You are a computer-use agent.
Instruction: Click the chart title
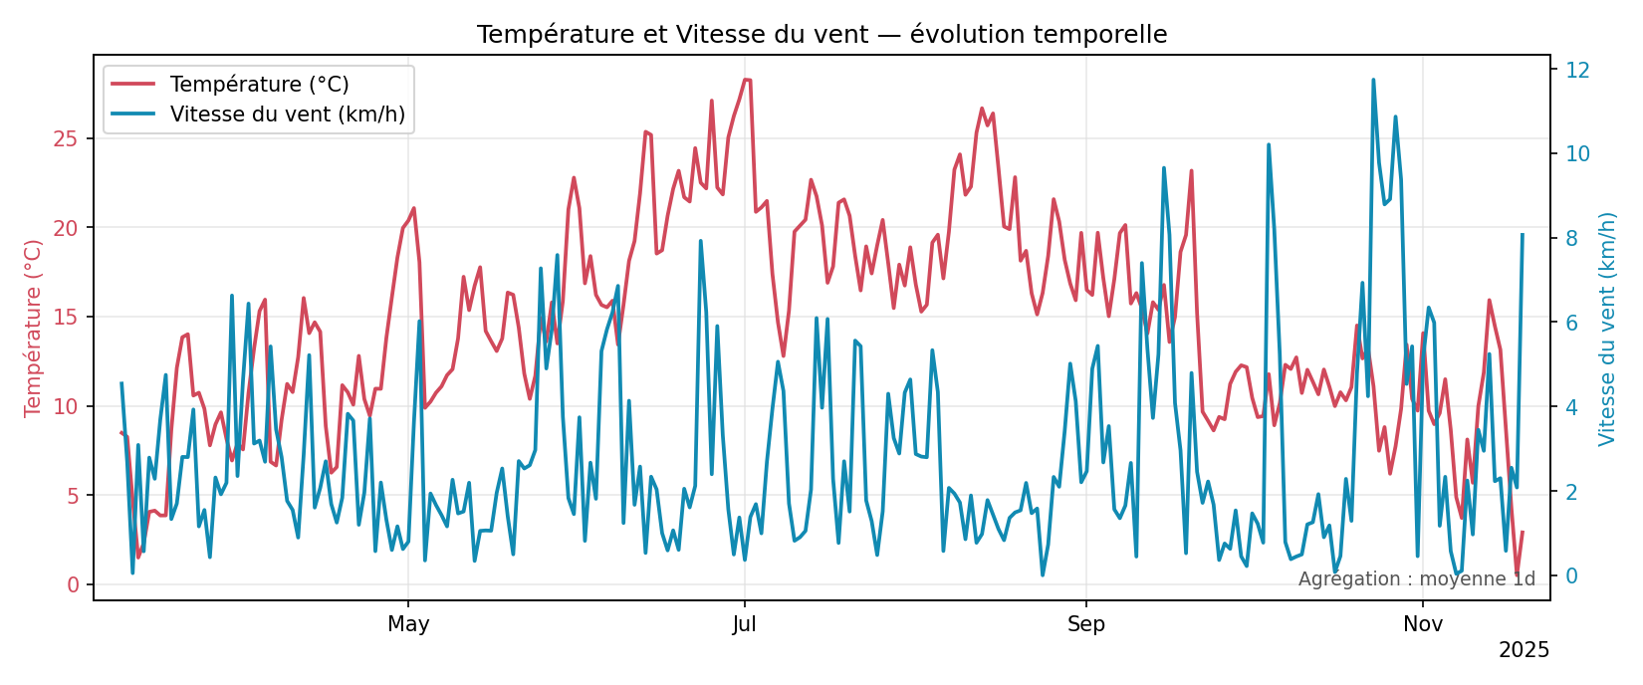click(821, 35)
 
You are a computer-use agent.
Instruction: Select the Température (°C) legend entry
click(259, 85)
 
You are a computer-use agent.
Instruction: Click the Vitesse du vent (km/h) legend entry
click(287, 114)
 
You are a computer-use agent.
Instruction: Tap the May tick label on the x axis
click(408, 624)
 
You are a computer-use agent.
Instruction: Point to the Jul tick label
click(744, 624)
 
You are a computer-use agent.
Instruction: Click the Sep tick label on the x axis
click(1085, 624)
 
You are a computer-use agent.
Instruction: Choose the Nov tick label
click(1423, 624)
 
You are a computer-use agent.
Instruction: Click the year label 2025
click(1524, 650)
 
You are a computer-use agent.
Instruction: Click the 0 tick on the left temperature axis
click(73, 584)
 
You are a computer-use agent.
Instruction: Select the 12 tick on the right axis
click(1577, 70)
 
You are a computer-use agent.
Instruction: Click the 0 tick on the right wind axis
click(1571, 575)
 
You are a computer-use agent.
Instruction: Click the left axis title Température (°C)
click(34, 327)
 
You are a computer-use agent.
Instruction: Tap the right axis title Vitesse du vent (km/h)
click(1606, 328)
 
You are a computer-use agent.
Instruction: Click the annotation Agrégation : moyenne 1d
click(1416, 578)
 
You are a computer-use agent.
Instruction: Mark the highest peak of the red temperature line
click(745, 80)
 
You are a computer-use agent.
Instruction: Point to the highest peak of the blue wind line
click(1373, 80)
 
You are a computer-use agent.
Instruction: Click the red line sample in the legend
click(132, 85)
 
